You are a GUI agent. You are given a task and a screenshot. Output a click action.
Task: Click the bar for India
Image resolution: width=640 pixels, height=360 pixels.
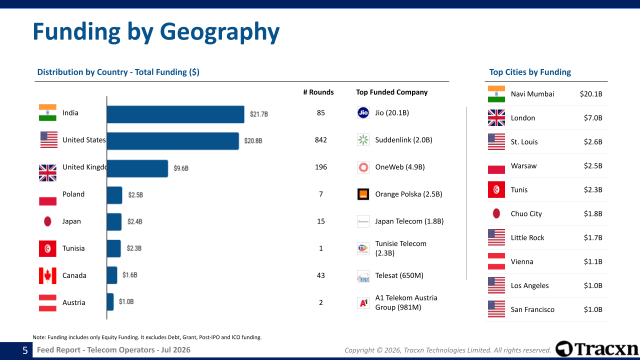(x=175, y=114)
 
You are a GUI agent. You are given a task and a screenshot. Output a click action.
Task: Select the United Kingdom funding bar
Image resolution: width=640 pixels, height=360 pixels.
(x=137, y=168)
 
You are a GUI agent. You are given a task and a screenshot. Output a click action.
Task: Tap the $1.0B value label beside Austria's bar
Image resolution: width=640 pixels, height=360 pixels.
(x=126, y=301)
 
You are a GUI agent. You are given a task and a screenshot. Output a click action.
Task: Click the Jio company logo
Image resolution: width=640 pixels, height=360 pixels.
(x=363, y=112)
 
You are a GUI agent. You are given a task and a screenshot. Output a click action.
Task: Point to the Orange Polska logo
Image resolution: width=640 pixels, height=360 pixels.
(x=363, y=194)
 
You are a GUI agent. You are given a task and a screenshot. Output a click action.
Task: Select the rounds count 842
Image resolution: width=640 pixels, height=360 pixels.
(x=320, y=139)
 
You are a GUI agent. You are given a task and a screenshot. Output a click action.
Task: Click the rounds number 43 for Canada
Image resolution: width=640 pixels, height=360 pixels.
(x=320, y=275)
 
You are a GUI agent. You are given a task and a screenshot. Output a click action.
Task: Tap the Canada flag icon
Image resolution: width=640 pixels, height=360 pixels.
(x=47, y=275)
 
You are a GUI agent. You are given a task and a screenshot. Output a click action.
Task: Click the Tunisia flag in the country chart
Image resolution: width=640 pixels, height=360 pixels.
(x=47, y=248)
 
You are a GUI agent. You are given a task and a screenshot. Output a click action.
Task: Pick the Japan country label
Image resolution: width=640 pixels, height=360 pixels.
(x=71, y=221)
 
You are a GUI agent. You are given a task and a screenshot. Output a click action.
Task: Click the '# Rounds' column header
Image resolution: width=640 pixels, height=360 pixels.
(x=318, y=92)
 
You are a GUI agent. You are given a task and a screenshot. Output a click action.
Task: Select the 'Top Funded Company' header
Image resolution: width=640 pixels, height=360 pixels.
(x=391, y=92)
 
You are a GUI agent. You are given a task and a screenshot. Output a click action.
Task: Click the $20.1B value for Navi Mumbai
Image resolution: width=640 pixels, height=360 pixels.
(x=591, y=93)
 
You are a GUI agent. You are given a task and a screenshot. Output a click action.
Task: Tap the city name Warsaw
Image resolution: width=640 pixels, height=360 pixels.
(x=523, y=165)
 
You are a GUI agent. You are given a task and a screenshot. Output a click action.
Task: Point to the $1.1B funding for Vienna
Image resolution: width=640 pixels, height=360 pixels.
(x=593, y=261)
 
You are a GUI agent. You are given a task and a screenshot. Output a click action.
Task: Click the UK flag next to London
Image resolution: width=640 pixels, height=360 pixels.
(x=496, y=117)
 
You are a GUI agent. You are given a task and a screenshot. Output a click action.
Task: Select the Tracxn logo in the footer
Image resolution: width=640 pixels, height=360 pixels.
(x=596, y=349)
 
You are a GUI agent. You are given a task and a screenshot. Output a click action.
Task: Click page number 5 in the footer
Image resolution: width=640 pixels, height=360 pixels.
(x=25, y=350)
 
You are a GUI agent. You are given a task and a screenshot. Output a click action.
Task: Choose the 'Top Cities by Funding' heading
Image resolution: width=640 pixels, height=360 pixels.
(x=530, y=72)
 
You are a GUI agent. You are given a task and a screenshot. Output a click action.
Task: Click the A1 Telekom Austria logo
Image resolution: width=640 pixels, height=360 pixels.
(x=363, y=303)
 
